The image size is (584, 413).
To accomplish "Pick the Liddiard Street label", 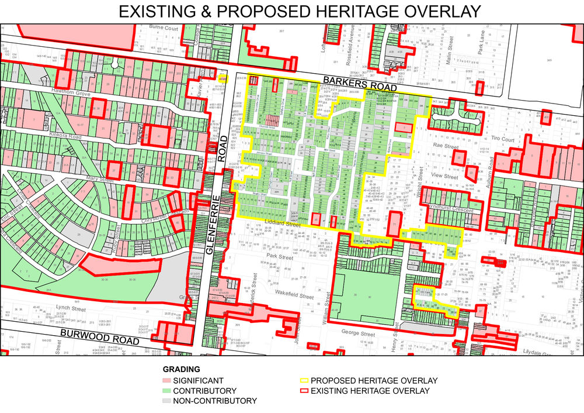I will click(x=282, y=223).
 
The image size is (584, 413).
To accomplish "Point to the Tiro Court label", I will click(x=502, y=140).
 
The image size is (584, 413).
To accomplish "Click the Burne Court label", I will click(x=164, y=27).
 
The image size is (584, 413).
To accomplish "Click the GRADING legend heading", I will click(x=181, y=370).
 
